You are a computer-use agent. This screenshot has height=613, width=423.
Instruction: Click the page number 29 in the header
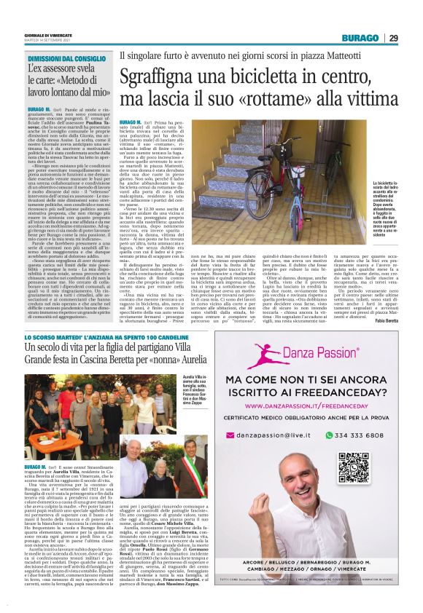coord(393,39)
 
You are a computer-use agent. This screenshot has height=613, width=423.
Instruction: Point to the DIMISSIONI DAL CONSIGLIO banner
coord(66,58)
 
